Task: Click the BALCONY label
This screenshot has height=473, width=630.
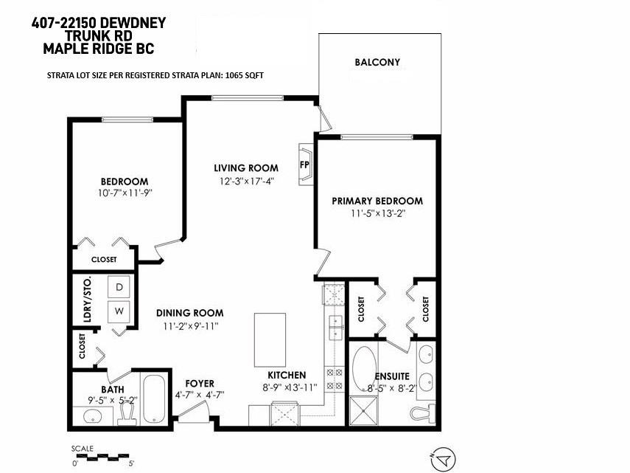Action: [x=377, y=62]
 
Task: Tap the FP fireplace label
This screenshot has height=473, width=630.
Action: [x=304, y=165]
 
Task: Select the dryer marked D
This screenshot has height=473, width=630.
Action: [x=119, y=287]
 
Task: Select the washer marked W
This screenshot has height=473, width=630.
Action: [x=119, y=311]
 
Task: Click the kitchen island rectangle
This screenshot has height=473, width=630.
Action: [x=270, y=340]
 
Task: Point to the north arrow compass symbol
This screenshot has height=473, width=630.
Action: [x=443, y=459]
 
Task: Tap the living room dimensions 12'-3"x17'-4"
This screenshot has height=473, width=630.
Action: [x=246, y=181]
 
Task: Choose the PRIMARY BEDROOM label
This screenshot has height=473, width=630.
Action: [x=377, y=201]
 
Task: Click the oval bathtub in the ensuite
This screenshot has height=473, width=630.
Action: [x=364, y=367]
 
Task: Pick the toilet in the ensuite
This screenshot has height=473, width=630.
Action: [x=423, y=412]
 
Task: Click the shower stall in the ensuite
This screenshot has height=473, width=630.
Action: [x=363, y=411]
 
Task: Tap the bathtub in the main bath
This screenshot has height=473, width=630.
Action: [x=154, y=399]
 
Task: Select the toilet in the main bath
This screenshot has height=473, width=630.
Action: [x=127, y=414]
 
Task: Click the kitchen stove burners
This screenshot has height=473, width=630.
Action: [x=335, y=379]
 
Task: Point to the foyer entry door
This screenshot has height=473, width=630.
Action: [x=193, y=412]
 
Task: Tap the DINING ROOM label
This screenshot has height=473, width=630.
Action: [x=189, y=313]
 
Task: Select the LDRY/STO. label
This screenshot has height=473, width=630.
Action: [x=87, y=300]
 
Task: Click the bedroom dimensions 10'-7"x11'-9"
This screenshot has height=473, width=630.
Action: [x=125, y=193]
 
